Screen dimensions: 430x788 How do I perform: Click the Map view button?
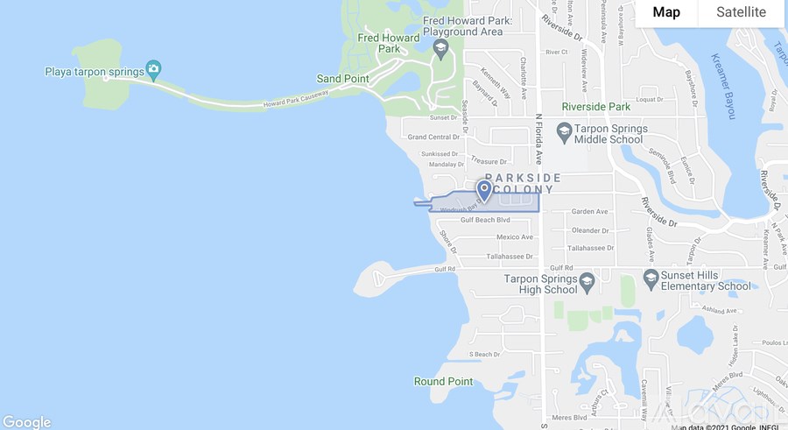point(666,12)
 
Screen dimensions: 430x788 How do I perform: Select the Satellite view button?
point(741,12)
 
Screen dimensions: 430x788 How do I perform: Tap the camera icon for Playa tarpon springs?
point(154,68)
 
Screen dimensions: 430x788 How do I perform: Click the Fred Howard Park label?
point(378,44)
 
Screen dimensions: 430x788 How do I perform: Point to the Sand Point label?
point(342,79)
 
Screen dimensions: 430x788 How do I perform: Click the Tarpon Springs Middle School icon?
point(564,133)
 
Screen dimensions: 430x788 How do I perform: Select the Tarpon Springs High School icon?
point(587,283)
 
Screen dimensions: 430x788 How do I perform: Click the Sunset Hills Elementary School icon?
point(651,278)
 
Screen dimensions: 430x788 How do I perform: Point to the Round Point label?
point(443,382)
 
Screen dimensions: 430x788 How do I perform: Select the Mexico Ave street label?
point(514,237)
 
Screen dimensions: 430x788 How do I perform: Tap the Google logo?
point(26,421)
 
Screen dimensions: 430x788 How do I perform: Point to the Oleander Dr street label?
point(590,230)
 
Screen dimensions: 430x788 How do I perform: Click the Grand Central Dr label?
point(433,137)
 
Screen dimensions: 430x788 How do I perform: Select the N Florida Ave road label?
point(540,140)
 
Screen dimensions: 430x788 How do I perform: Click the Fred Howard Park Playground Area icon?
point(440,46)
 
